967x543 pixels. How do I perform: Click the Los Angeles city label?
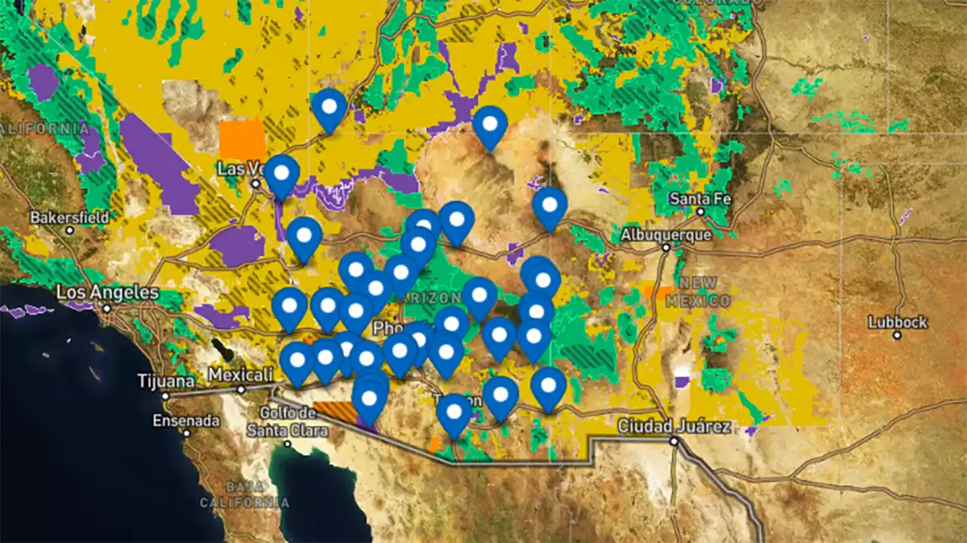(x=107, y=292)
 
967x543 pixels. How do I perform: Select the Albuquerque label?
(x=666, y=235)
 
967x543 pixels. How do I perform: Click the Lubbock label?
(x=898, y=322)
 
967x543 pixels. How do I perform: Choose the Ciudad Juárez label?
(x=674, y=426)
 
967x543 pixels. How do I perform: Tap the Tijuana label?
(x=166, y=381)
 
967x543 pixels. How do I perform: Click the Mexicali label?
(x=239, y=375)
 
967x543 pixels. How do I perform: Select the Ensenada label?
(x=186, y=421)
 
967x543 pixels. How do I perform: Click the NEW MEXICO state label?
(x=703, y=291)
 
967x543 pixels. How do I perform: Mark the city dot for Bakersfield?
(x=70, y=230)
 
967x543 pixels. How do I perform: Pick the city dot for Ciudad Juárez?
(x=674, y=441)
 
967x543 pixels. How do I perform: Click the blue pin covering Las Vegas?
(x=282, y=175)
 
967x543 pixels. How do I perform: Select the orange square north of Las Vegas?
(x=242, y=139)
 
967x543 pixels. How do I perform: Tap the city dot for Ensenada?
(x=186, y=433)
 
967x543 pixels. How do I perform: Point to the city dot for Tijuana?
(x=166, y=396)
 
